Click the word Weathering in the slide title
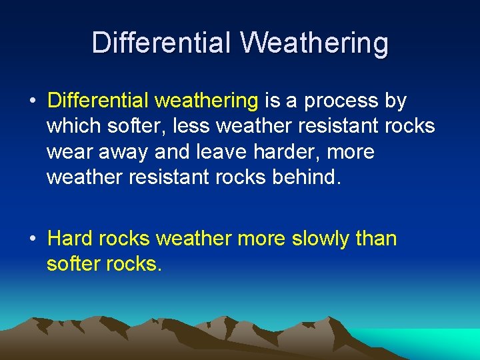point(314,43)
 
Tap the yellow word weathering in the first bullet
point(206,101)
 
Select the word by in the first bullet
point(395,101)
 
